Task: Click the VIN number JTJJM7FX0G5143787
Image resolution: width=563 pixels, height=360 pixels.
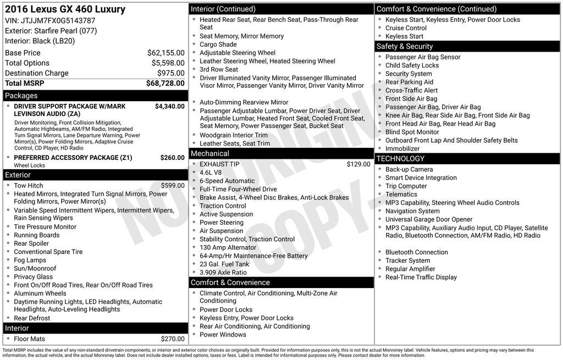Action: coord(58,21)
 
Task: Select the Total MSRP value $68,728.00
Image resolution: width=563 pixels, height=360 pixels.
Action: coord(165,83)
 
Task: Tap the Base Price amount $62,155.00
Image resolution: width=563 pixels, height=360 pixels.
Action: coord(165,53)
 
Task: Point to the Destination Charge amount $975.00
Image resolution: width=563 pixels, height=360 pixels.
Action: coord(171,73)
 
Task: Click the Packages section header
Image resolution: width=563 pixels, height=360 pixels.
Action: coord(21,96)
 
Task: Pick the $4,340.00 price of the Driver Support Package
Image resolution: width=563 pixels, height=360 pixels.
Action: coord(169,107)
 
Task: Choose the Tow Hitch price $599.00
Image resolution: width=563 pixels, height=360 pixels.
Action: coord(173,186)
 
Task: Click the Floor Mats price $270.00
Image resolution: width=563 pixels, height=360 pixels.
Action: coord(173,339)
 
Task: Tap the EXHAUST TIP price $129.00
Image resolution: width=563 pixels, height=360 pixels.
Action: coord(358,164)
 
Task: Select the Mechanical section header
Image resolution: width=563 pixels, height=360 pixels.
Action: coord(210,153)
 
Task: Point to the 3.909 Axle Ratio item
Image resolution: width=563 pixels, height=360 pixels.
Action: coord(223,273)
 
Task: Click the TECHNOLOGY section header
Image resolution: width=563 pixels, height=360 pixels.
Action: coord(400,158)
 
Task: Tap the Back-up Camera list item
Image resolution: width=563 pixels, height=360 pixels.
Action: coord(409,169)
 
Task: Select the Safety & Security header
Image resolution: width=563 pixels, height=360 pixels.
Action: coord(405,46)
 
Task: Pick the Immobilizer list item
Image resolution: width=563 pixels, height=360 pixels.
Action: coord(402,148)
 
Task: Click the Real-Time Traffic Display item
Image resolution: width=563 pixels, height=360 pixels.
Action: coord(421,277)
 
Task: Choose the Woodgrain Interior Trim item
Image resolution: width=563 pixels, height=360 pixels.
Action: coord(234,135)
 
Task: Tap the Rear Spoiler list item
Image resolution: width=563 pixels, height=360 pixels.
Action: coord(31,243)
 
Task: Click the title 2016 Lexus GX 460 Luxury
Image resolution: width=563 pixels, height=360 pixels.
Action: coord(65,9)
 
